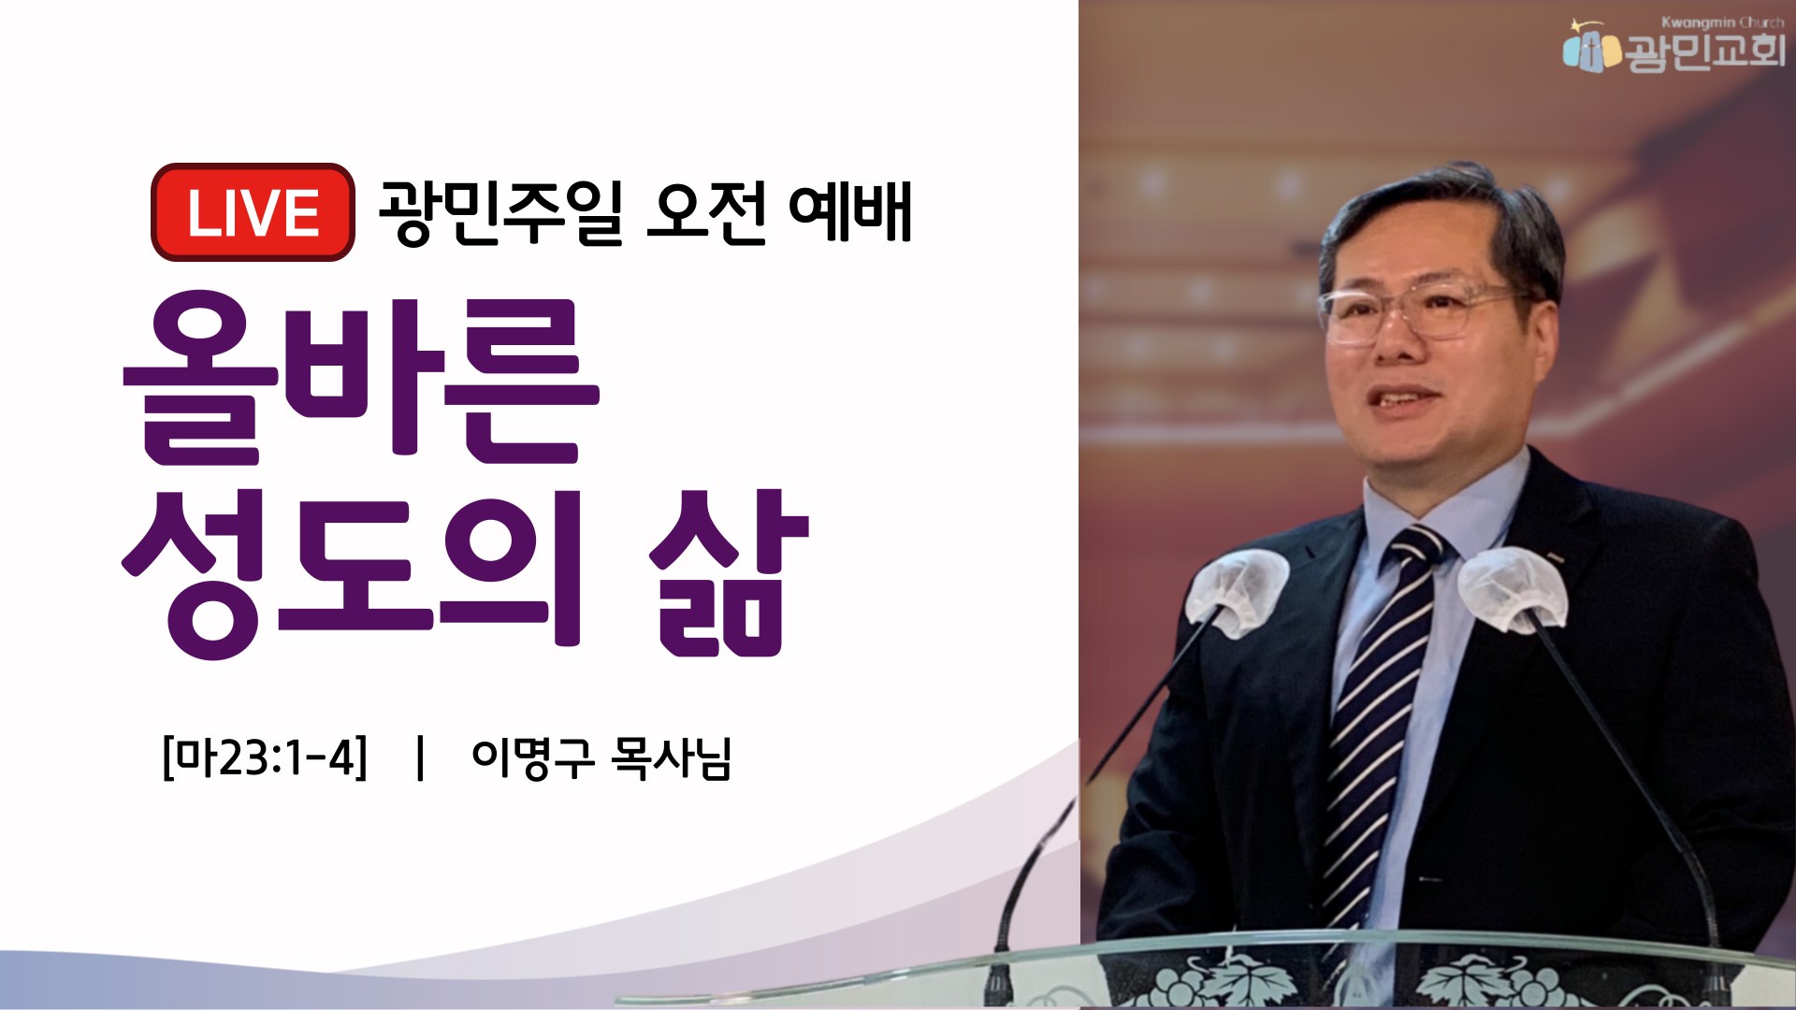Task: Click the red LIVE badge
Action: point(253,212)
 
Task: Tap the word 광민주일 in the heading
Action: point(500,212)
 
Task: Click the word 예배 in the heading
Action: point(850,212)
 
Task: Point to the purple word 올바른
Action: point(361,379)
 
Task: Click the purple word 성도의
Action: point(352,572)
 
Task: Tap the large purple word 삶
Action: point(730,572)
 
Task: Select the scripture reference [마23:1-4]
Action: point(265,757)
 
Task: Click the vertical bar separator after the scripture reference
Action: point(420,757)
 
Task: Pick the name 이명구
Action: point(533,757)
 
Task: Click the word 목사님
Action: point(671,757)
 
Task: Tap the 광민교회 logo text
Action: point(1705,50)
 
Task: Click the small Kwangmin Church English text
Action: point(1722,22)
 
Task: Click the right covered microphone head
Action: point(1512,587)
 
